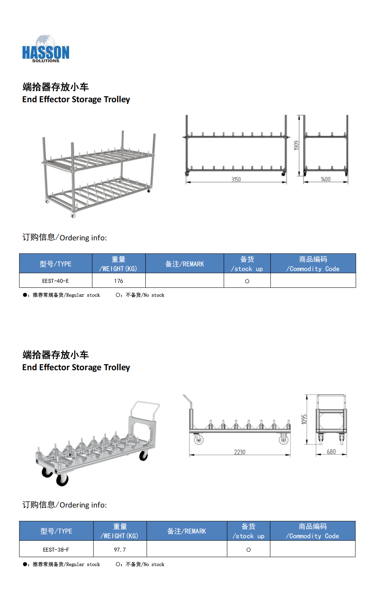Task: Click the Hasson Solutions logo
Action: point(45,49)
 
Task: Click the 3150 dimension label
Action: point(236,180)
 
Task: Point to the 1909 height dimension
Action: point(297,145)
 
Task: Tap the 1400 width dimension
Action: point(325,180)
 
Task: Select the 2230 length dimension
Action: point(240,452)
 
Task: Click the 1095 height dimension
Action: point(304,419)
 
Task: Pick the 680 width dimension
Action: point(331,452)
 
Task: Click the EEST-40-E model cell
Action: point(56,281)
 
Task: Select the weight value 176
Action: point(118,281)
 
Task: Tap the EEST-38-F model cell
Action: point(56,549)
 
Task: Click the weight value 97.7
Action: point(120,549)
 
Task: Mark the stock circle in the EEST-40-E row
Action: point(247,281)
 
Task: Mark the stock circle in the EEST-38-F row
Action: point(248,550)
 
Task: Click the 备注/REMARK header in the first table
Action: point(185,264)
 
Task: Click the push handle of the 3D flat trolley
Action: point(145,407)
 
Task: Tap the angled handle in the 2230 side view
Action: point(187,399)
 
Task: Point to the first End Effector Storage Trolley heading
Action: point(76,99)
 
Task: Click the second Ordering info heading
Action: point(64,505)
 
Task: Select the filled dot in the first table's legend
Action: point(24,295)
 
